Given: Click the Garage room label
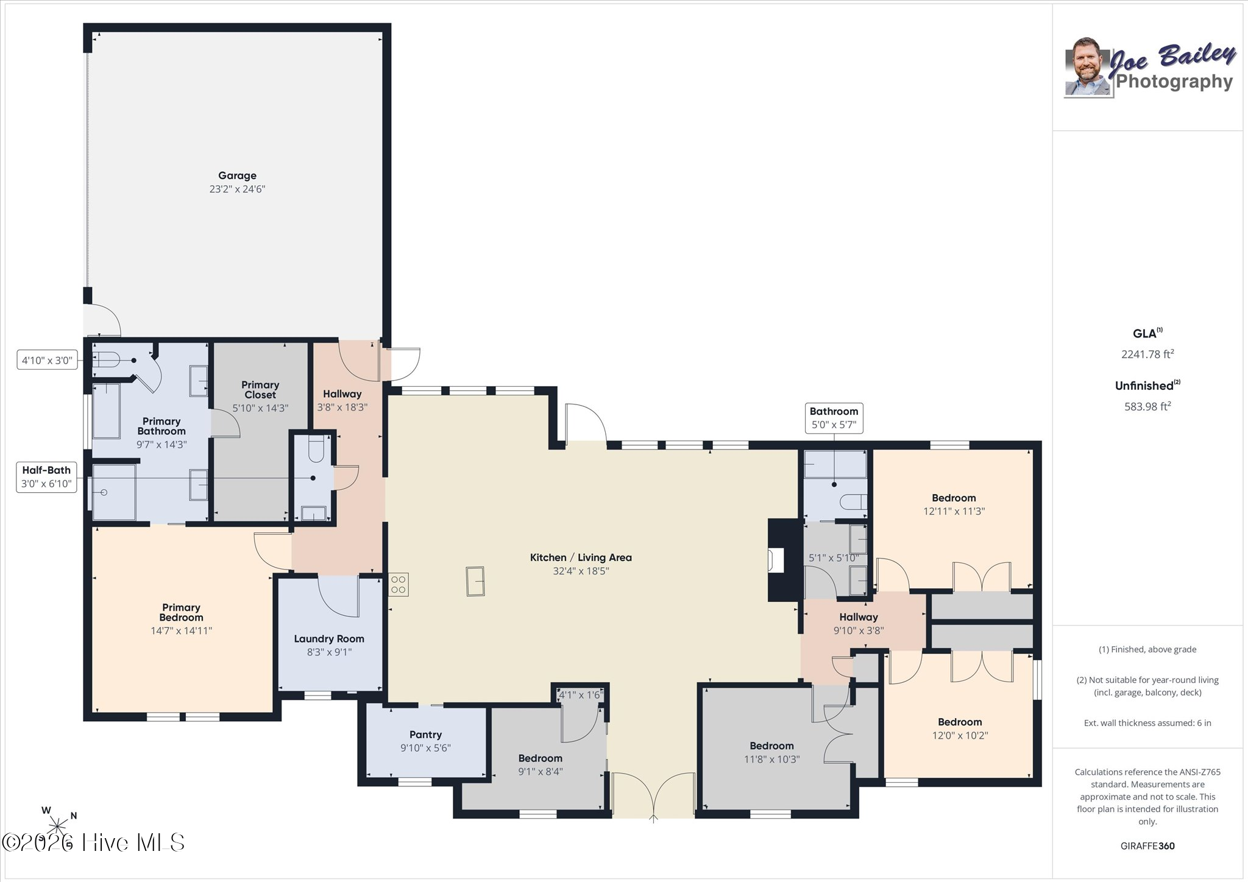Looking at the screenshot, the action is pos(237,175).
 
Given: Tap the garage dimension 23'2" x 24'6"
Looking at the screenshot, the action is pos(237,189).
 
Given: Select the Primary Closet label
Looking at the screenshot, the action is pos(260,390).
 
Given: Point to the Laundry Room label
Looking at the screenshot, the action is pos(329,639).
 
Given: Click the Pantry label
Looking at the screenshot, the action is pos(425,735).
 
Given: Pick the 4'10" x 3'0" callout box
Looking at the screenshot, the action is pos(47,361).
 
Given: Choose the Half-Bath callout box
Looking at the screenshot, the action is pos(46,477).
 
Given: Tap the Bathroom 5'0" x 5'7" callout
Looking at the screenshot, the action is pos(834,418).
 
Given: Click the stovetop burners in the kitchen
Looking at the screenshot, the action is pos(399,585).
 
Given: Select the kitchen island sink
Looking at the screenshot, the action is pos(475,581).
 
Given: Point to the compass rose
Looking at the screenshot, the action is pos(58,825).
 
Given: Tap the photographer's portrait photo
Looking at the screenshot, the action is pos(1089,67).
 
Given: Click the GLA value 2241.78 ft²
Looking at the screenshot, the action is pos(1147,354).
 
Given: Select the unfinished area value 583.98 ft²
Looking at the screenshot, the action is pos(1147,406).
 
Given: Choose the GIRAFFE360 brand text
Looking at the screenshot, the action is pos(1147,845).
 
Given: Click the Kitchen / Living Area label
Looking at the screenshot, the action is pos(581,557).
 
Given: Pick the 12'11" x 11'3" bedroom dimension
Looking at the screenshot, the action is pos(954,512).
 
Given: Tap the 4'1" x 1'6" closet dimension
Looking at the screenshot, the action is pos(581,694).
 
